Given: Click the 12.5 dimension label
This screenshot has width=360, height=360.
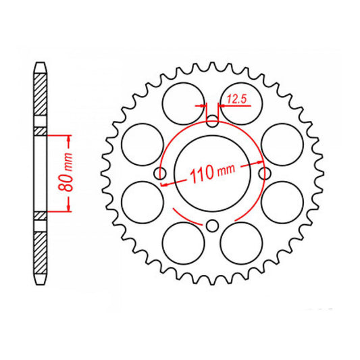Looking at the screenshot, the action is coord(236,99).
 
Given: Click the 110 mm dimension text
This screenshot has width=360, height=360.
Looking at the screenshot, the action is coord(212,173).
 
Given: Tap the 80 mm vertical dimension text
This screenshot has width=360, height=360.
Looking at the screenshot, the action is coord(66,172).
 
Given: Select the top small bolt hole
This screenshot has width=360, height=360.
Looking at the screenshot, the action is coord(212,122).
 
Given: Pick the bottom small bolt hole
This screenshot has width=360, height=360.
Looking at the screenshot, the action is coord(212,226).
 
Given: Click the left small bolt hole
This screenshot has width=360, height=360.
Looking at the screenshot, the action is coord(160,174).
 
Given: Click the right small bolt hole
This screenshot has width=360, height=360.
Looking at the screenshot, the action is coord(265,174).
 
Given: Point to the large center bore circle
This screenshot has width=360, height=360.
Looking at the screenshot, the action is coord(212,136).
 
